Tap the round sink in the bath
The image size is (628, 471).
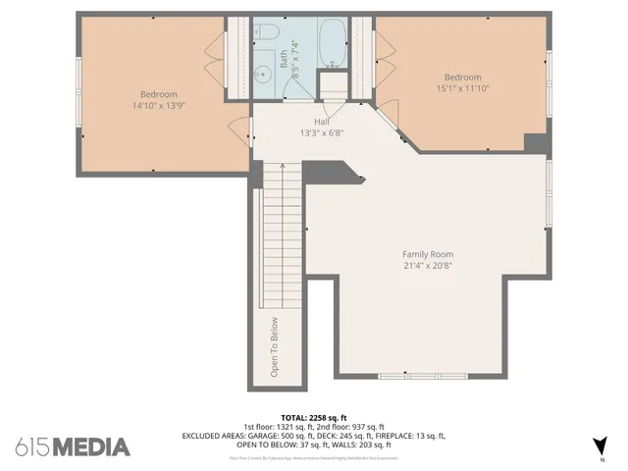point(264,75)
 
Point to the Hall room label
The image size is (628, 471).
point(321,122)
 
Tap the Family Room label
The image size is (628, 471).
point(427,254)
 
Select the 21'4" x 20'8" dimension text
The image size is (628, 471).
point(427,265)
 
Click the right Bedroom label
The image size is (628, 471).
point(462,78)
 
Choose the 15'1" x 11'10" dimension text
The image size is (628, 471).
point(462,88)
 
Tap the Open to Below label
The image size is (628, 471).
point(275,346)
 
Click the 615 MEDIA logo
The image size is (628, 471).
point(73,446)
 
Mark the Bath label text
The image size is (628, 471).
point(285,61)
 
